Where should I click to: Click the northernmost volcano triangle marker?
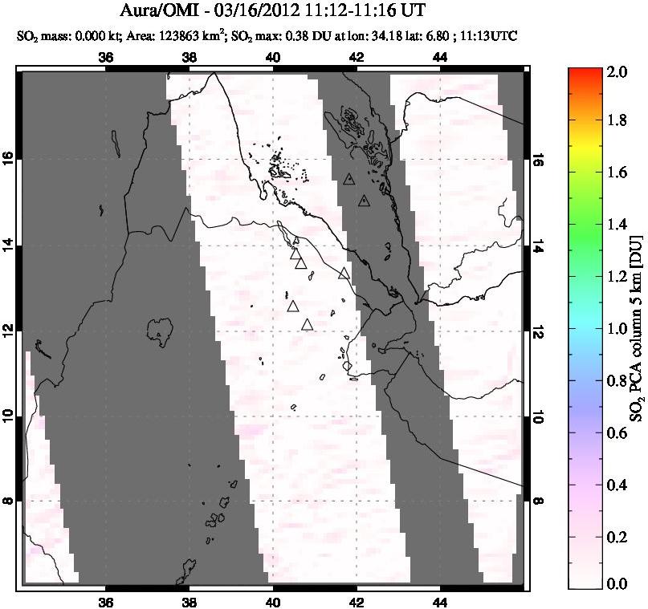(x=348, y=180)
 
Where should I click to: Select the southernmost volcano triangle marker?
(x=307, y=325)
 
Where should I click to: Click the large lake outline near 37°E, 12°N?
(x=161, y=328)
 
